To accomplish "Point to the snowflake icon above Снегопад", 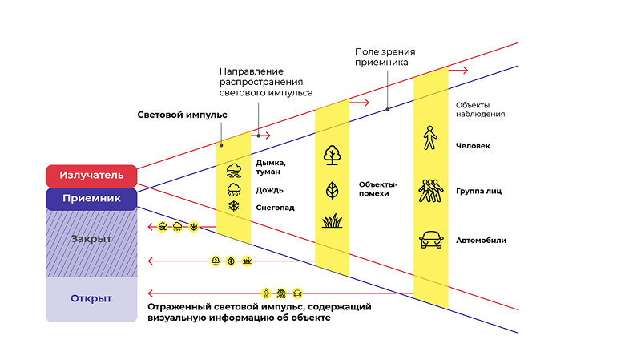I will pos(235,207).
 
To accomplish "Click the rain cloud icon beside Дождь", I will pos(235,189).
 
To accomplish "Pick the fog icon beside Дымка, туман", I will pos(235,170).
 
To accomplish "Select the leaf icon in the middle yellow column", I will pos(332,190).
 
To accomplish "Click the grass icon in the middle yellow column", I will pos(332,220).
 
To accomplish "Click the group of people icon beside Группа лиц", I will pos(430,191).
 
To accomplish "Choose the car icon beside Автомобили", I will pos(430,239).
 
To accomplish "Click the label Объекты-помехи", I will pos(378,188).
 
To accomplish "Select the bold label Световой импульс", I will pos(182,115).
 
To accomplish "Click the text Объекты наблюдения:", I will pos(482,109).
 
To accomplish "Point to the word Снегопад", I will pos(274,208).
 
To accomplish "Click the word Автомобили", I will pos(481,240).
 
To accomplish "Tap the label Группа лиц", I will pos(478,192).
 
